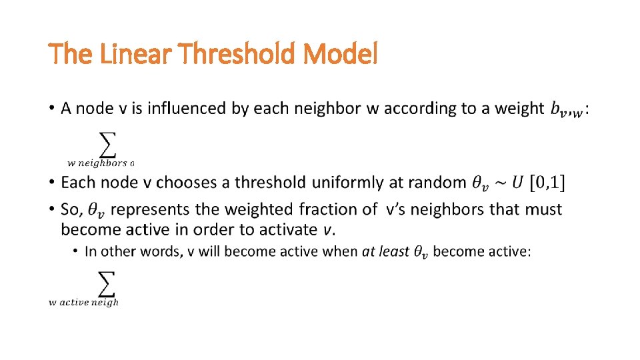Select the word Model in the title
click(341, 54)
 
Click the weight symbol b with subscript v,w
click(567, 109)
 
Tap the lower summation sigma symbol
click(107, 284)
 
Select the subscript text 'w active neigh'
click(83, 303)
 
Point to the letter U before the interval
click(517, 182)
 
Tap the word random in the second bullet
click(439, 182)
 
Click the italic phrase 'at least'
click(385, 251)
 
